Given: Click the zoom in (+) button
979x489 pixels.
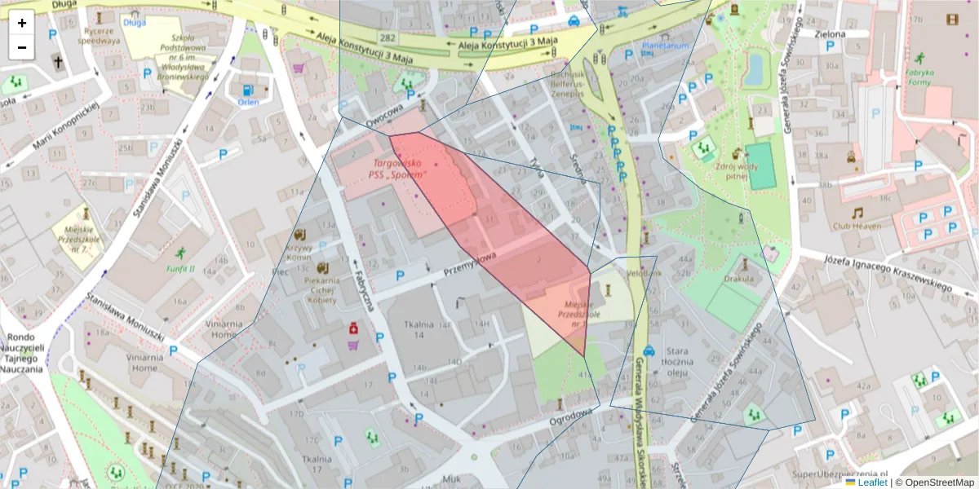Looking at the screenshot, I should click(22, 23).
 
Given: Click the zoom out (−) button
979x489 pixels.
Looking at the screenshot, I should click(22, 47).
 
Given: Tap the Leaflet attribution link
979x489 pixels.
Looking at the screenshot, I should click(872, 482).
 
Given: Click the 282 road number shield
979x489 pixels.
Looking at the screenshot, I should click(388, 38).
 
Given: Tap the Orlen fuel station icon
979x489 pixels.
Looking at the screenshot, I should click(248, 90).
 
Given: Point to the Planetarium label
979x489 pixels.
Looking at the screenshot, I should click(666, 46).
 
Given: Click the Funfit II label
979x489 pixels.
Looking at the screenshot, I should click(180, 268).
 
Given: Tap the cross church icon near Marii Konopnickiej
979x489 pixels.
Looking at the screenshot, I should click(58, 62).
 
